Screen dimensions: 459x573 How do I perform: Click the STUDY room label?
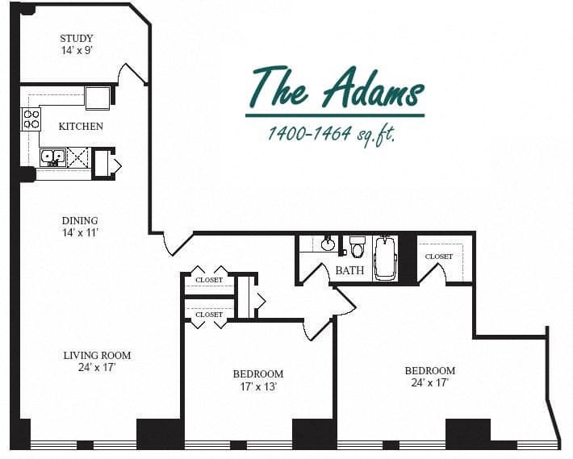click(x=77, y=38)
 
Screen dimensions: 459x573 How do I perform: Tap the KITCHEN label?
click(x=82, y=126)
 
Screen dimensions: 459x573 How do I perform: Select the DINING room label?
click(x=80, y=220)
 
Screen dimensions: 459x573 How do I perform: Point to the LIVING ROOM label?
click(x=97, y=355)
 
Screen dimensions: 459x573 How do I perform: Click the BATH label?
click(x=349, y=270)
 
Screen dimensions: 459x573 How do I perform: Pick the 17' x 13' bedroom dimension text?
click(x=258, y=386)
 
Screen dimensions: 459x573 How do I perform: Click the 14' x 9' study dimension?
click(x=77, y=50)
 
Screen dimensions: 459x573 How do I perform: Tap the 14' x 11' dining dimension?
click(x=80, y=232)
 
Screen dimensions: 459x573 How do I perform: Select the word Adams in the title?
click(x=372, y=87)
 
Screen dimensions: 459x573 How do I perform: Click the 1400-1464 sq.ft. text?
click(x=332, y=134)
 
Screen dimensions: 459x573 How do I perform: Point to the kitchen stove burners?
click(x=31, y=119)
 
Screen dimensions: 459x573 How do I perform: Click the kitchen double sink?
click(x=53, y=156)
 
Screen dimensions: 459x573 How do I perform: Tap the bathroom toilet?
click(x=358, y=245)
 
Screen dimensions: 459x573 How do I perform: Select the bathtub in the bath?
click(x=385, y=257)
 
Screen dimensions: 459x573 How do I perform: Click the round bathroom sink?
click(x=328, y=244)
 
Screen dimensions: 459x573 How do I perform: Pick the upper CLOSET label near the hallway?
click(x=208, y=280)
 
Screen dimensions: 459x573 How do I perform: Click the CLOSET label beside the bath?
click(x=439, y=257)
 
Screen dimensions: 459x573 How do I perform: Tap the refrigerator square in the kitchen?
click(x=97, y=98)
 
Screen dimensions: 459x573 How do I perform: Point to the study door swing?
click(x=132, y=74)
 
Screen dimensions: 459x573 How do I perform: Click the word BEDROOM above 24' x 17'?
click(x=429, y=371)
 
